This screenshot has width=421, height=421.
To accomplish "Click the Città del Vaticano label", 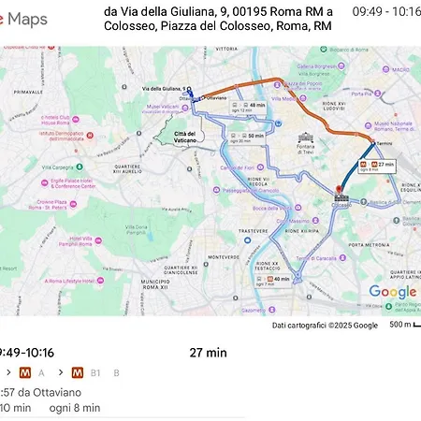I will tap(185, 138).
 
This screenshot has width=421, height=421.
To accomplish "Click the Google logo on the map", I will tap(391, 292).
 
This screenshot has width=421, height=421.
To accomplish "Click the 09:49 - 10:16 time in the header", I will tap(385, 11).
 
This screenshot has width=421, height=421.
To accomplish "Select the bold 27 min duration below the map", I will tap(208, 353).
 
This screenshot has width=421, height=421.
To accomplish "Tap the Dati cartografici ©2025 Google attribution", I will tap(325, 325).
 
